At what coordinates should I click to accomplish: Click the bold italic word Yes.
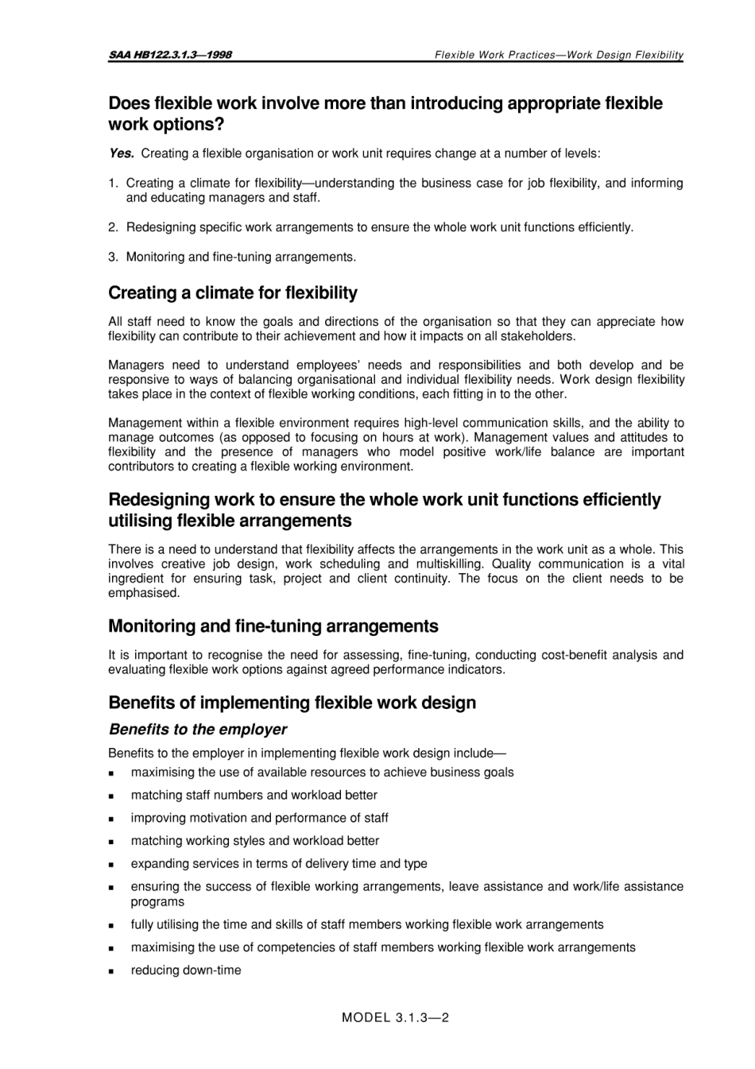point(121,153)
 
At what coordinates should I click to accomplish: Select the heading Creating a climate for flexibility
point(232,292)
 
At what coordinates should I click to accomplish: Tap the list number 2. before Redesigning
point(114,227)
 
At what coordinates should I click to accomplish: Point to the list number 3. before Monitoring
point(114,257)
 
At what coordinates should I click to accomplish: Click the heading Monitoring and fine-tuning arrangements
point(273,626)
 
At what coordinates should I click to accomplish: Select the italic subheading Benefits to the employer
point(197,730)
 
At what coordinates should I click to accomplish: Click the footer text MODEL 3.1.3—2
point(395,1017)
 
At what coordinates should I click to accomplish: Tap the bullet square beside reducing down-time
point(113,971)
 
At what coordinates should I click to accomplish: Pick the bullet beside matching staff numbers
point(113,796)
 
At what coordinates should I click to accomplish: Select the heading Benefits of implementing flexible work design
point(292,703)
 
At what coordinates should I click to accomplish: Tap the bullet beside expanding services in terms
point(113,865)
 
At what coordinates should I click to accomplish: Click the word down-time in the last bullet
point(212,970)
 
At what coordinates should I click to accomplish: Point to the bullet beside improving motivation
point(113,819)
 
